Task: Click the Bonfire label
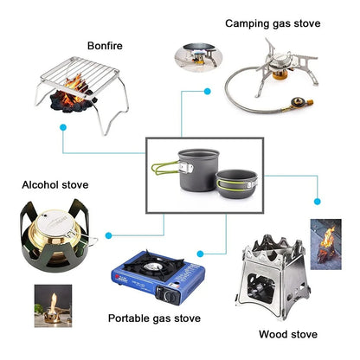(105, 45)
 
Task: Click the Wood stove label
(287, 334)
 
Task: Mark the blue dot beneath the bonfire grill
(62, 127)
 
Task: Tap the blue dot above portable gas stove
(200, 253)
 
